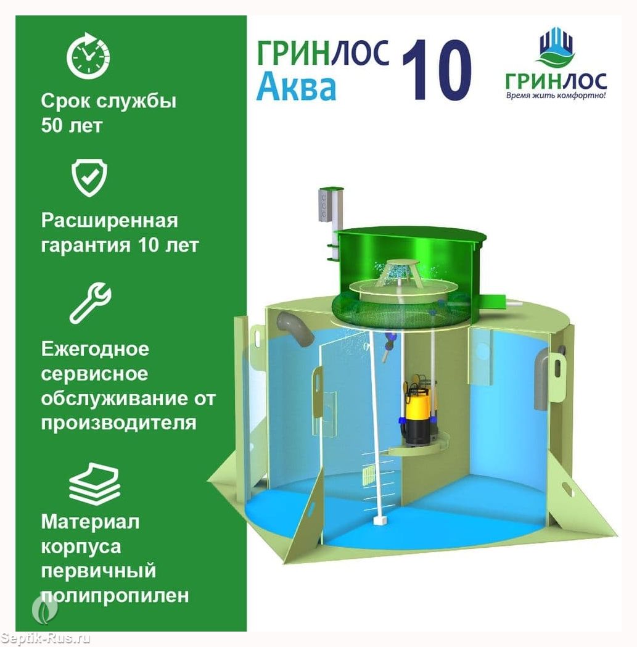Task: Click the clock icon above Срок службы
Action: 88,56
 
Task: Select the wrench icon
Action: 90,302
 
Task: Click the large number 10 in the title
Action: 437,70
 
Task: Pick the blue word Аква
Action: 296,87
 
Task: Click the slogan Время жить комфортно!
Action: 556,96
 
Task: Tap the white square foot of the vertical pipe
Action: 380,520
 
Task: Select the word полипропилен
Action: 115,595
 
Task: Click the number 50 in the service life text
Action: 51,125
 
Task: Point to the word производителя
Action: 118,423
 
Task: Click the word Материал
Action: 90,522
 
